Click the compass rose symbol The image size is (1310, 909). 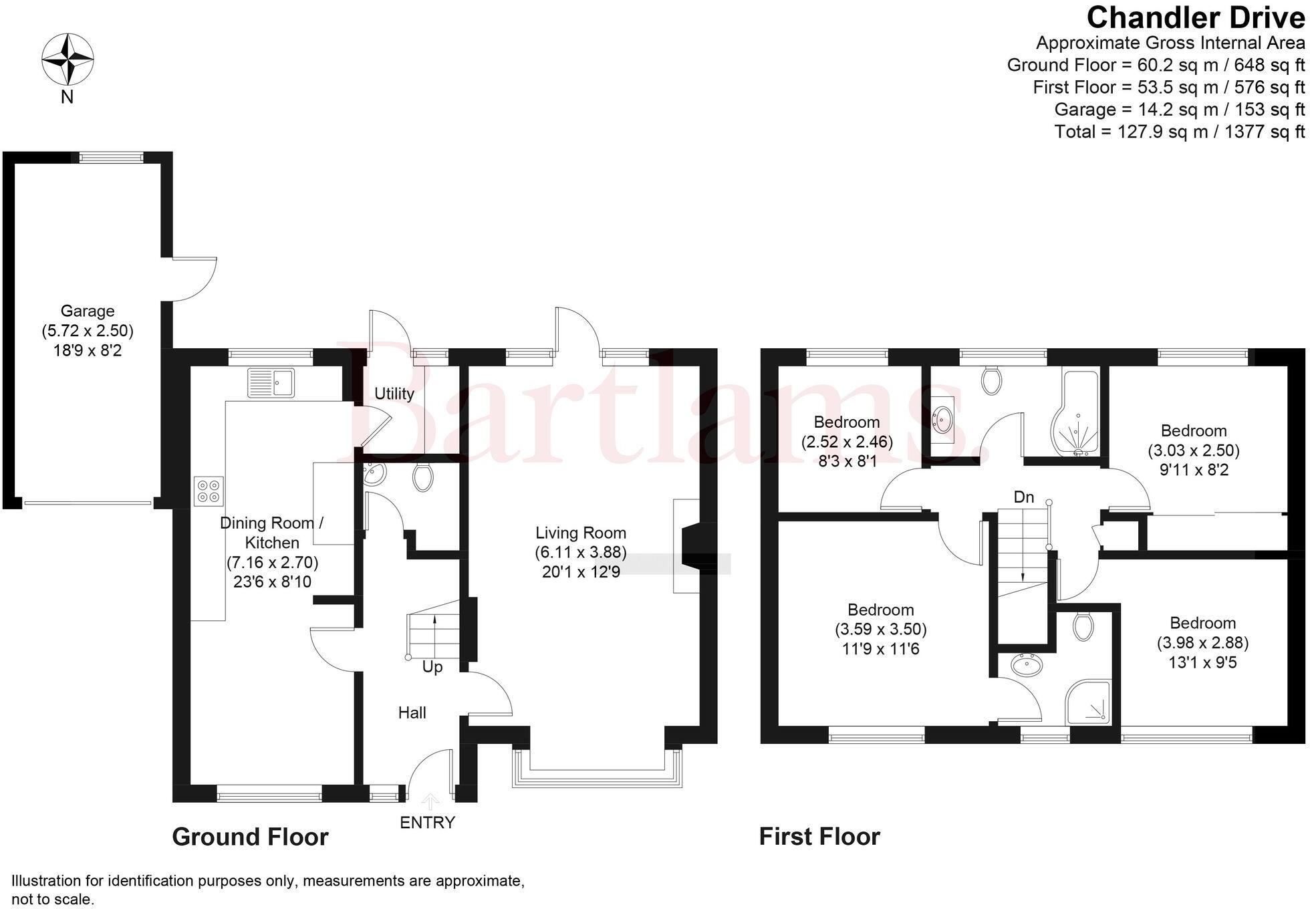68,59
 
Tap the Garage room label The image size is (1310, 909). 88,311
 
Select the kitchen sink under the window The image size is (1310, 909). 271,382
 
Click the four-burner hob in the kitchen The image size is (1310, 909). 209,491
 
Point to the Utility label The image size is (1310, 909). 394,394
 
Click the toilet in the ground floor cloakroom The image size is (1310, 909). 423,477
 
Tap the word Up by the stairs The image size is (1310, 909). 432,667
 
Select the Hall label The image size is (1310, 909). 412,712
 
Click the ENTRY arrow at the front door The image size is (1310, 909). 430,801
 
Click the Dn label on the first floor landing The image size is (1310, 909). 1024,497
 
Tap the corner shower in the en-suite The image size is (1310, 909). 1088,702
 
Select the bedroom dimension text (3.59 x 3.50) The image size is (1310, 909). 881,629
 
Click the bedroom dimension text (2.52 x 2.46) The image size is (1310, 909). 847,442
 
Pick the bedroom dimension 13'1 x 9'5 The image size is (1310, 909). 1203,662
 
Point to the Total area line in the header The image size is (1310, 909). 1180,132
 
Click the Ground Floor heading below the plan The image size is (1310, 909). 251,837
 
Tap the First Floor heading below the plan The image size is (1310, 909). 820,837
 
